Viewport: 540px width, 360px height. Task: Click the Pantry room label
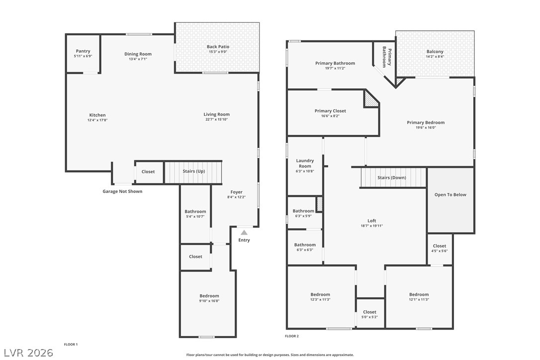click(83, 51)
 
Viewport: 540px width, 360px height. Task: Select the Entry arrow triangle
click(244, 232)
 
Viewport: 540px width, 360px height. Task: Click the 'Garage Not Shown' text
click(122, 191)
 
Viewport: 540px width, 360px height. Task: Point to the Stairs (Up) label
click(193, 172)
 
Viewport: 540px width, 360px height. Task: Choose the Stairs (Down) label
click(391, 178)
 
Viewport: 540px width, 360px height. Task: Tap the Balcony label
click(435, 52)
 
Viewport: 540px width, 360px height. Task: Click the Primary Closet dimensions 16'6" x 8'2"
click(330, 116)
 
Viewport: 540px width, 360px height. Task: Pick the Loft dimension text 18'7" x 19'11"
click(371, 226)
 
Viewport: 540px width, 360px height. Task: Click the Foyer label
click(236, 192)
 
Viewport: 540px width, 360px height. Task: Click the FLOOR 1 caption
click(71, 344)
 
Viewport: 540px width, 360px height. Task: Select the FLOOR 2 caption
click(292, 336)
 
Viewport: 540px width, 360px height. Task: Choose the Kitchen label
click(97, 115)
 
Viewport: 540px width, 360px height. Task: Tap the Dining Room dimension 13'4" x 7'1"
click(138, 59)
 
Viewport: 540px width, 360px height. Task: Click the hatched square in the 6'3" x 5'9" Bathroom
click(320, 204)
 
